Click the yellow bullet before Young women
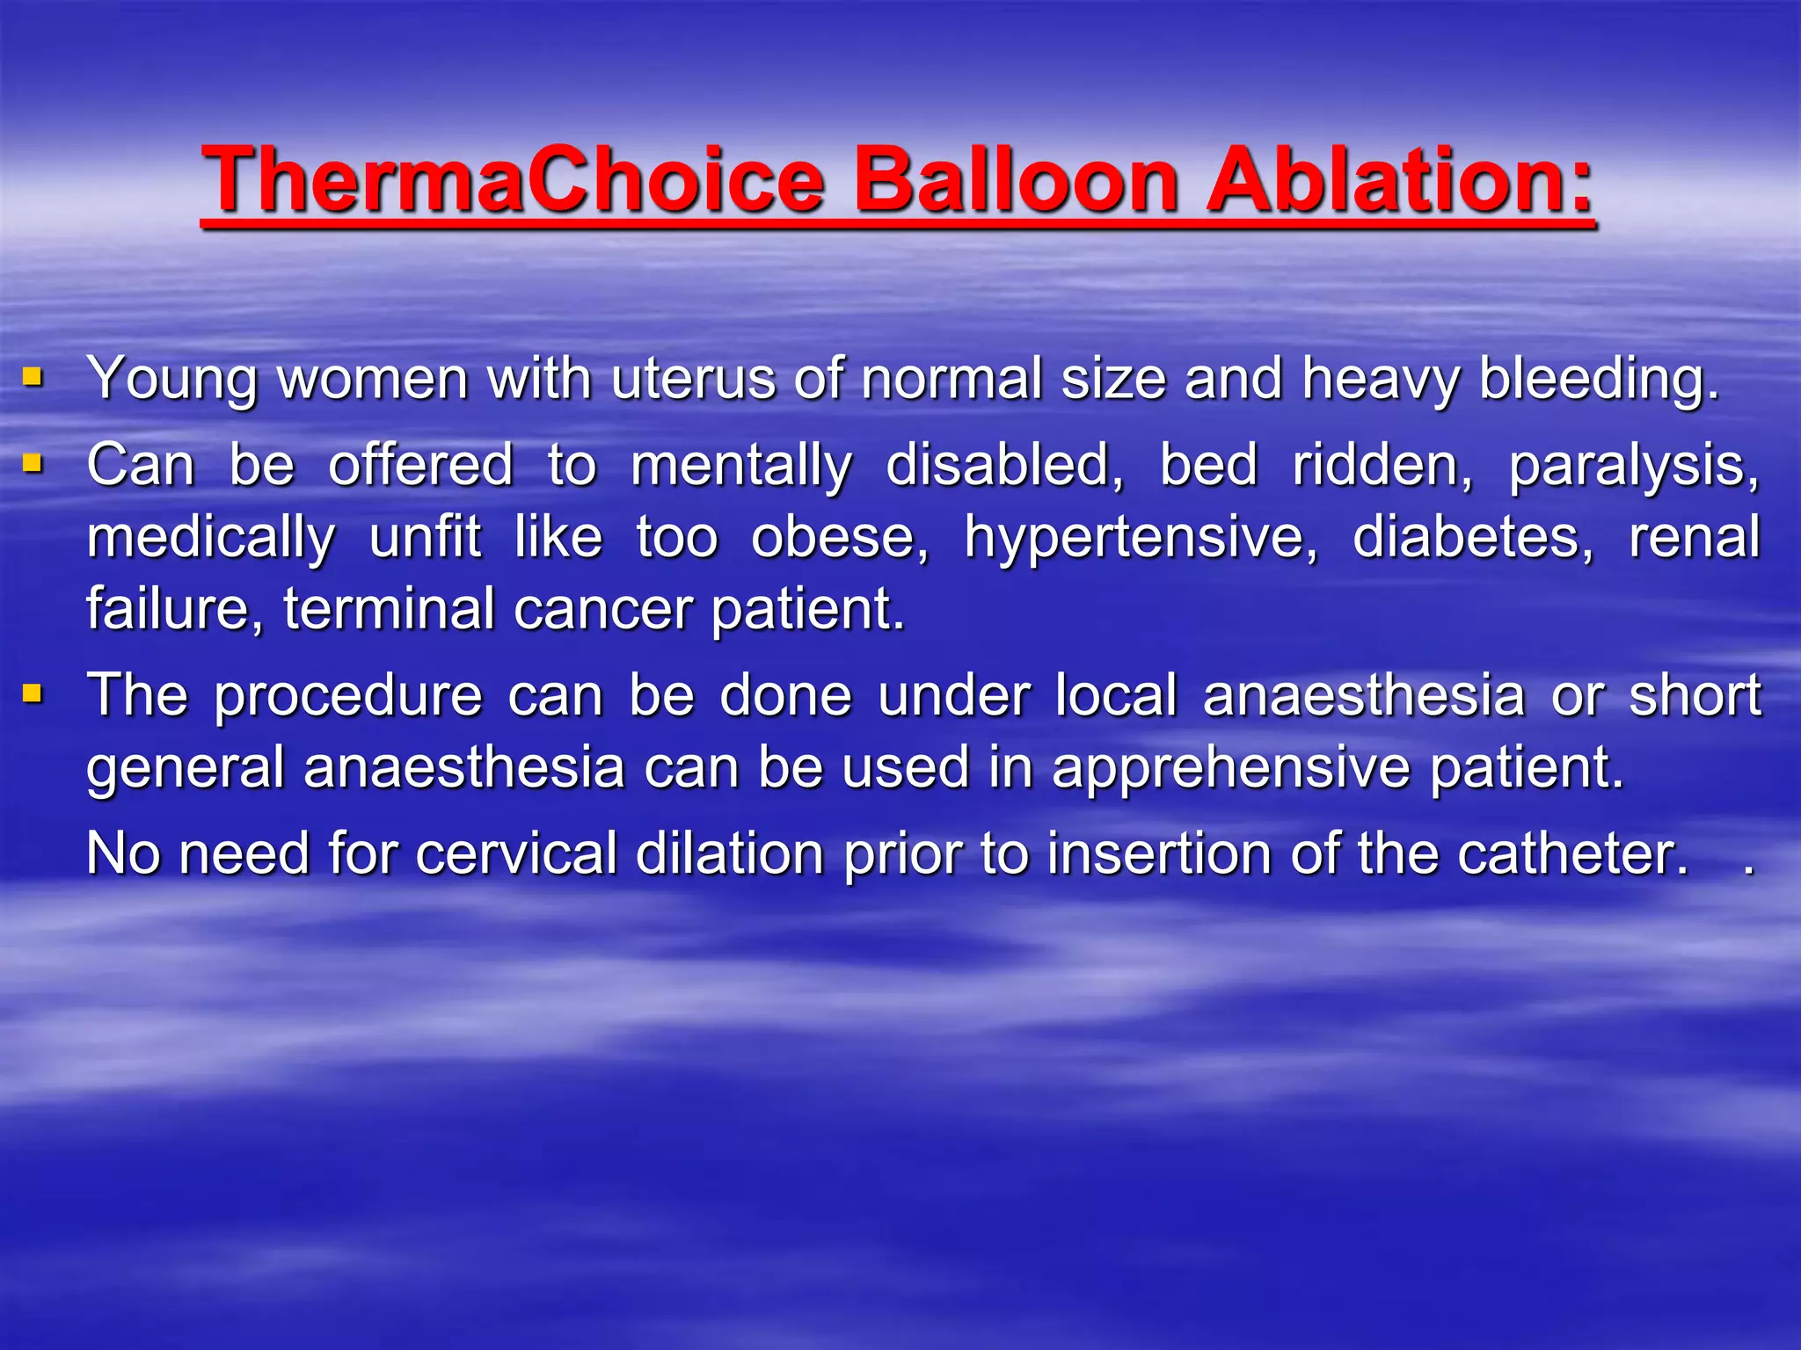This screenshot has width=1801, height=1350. click(x=33, y=379)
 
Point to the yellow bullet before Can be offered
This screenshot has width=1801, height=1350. click(x=33, y=462)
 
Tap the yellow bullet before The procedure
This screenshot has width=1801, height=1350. click(x=33, y=694)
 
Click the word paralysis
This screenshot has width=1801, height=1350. click(x=1634, y=465)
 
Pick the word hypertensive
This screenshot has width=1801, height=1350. click(x=1141, y=537)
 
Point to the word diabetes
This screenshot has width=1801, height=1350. click(x=1471, y=537)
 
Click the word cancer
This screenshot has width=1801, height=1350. click(x=602, y=608)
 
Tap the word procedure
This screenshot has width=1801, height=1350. click(x=348, y=696)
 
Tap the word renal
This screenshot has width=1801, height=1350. click(x=1694, y=537)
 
